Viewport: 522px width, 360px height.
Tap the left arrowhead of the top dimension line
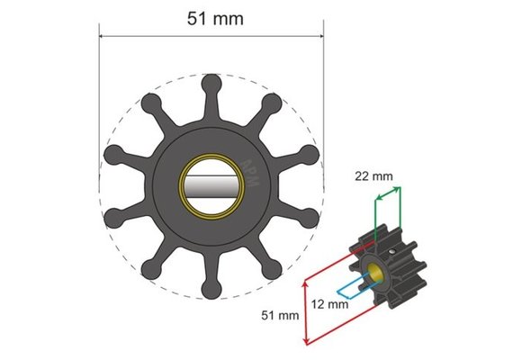point(103,37)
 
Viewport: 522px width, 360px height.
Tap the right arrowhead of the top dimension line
point(319,37)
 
